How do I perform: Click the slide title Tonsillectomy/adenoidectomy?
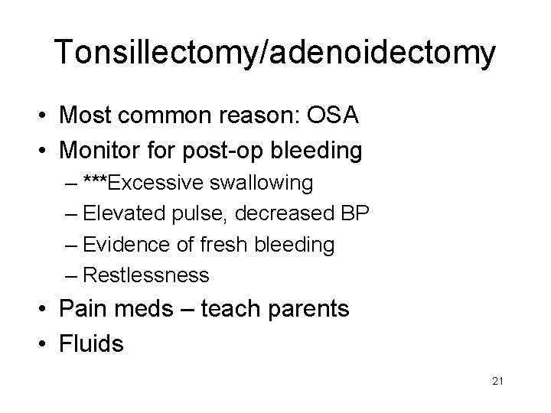point(275,53)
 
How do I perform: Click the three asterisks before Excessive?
point(98,182)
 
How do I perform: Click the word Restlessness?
point(145,275)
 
